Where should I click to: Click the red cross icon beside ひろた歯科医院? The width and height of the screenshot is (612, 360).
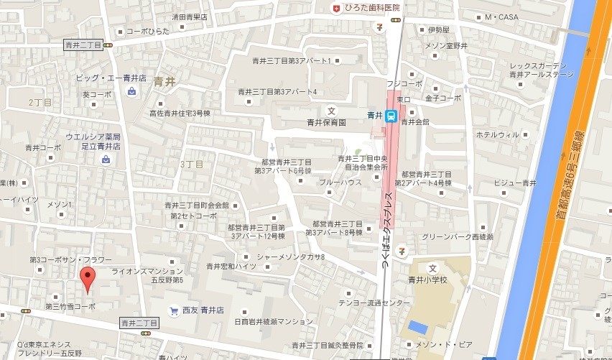click(x=335, y=7)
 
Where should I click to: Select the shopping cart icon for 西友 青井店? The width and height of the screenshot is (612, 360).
click(x=173, y=311)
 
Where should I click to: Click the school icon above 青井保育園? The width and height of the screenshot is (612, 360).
click(x=331, y=110)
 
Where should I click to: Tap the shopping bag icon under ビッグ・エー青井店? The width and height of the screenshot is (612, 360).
click(x=132, y=91)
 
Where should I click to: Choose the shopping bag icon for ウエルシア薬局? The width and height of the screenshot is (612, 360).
click(x=106, y=160)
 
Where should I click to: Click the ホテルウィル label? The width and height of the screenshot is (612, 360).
click(x=496, y=134)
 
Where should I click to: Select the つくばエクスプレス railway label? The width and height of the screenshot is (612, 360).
click(x=386, y=227)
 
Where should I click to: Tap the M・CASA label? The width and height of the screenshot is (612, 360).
click(x=501, y=17)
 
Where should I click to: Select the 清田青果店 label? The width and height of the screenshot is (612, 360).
click(x=190, y=17)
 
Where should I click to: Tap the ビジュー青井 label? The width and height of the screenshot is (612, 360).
click(x=514, y=183)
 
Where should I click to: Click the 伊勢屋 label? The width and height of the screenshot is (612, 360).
click(x=438, y=29)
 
